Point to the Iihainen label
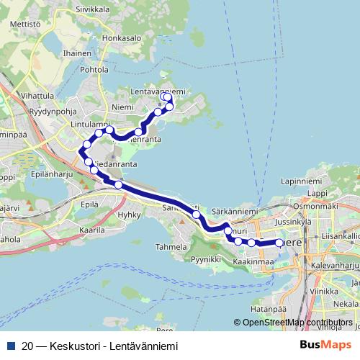tap(77, 53)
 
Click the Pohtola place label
tap(94, 70)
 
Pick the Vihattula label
tap(37, 95)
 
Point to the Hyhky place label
tap(129, 215)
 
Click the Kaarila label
tap(92, 231)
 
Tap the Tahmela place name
tap(171, 246)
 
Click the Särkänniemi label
tap(234, 212)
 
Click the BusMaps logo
tap(326, 345)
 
